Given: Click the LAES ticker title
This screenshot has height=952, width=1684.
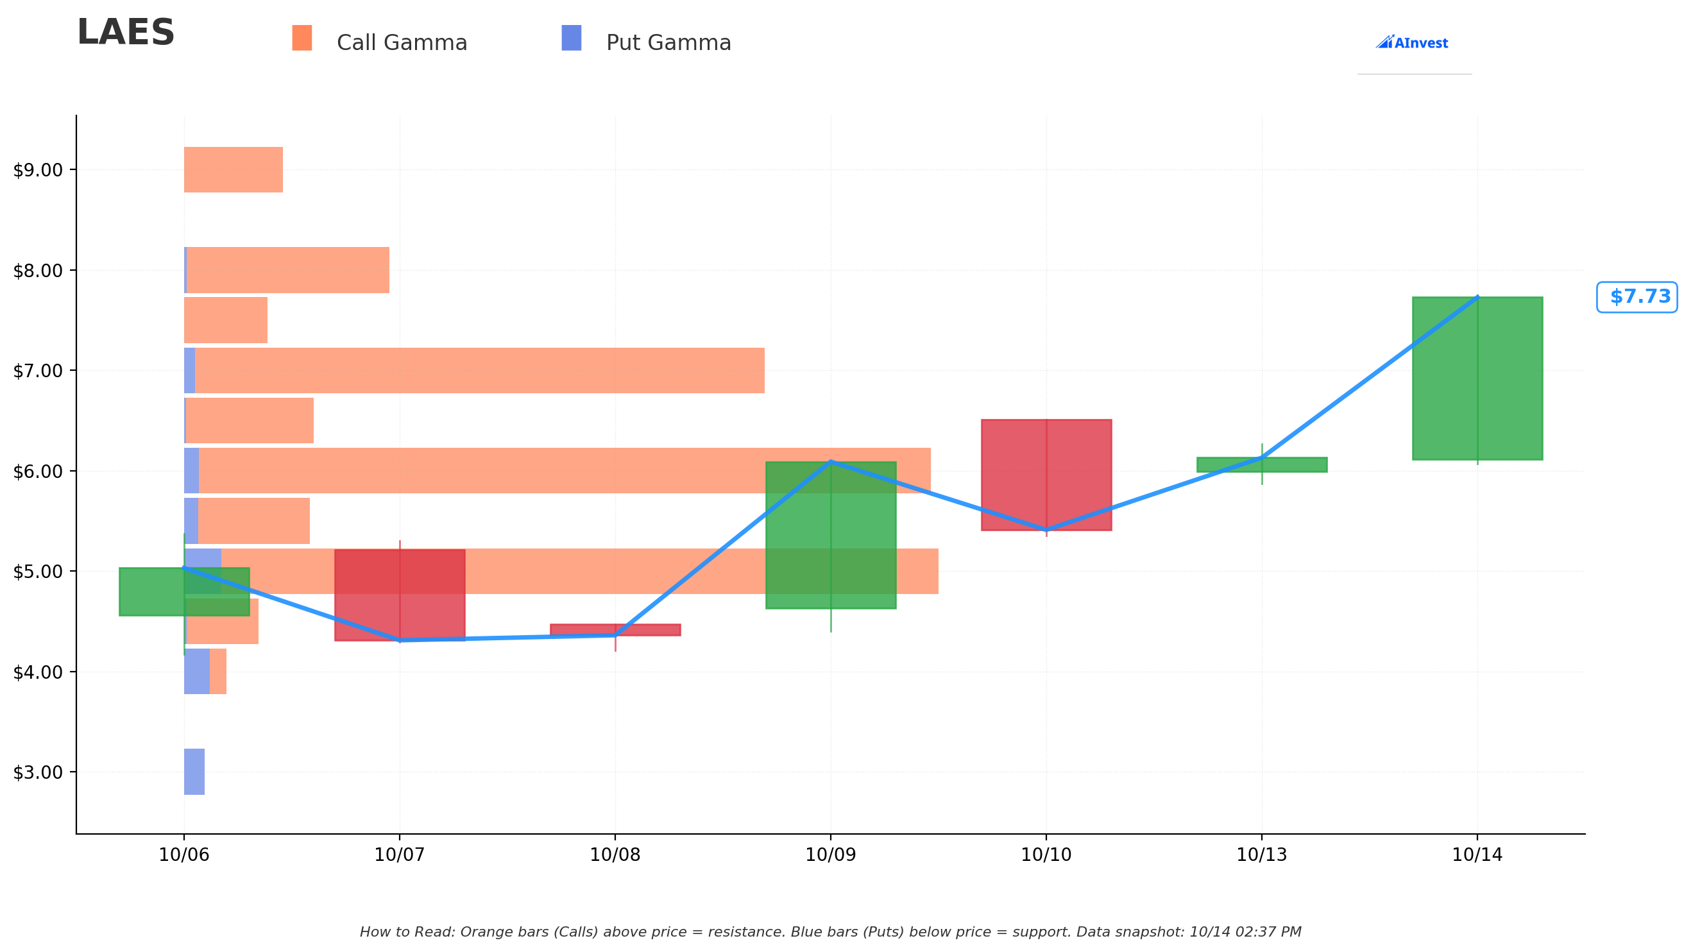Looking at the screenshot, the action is [x=126, y=33].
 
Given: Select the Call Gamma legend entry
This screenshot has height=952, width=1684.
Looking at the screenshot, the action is [x=379, y=41].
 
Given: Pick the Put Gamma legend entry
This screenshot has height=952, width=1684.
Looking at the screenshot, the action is [x=646, y=41].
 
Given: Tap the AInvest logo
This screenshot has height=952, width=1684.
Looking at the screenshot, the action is [x=1411, y=42].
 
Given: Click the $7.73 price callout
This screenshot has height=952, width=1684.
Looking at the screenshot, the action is [x=1637, y=297].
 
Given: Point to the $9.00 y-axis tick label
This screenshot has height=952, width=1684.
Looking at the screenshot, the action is [x=38, y=170].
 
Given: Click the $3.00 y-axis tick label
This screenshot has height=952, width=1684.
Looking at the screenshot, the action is [x=38, y=772].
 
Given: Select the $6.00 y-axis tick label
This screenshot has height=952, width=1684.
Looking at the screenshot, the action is [x=38, y=472].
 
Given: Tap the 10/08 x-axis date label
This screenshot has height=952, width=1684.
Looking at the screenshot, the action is [x=615, y=854].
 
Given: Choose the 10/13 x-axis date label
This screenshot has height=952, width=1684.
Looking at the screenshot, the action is [x=1262, y=854].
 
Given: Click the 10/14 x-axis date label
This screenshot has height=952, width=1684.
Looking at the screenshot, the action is [x=1477, y=854].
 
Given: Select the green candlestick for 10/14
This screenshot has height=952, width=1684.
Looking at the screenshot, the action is [x=1477, y=378].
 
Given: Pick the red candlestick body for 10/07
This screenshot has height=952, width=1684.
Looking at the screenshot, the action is [x=400, y=595].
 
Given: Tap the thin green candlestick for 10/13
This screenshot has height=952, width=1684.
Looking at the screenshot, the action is [x=1262, y=464].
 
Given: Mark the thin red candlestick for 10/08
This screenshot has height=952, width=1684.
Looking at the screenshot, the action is [x=615, y=630].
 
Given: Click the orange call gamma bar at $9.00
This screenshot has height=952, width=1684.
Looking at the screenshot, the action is [x=234, y=170].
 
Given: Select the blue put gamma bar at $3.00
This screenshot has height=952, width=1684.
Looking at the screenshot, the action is [x=194, y=772].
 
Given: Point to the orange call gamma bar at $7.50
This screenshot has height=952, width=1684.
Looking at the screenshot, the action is [x=226, y=320].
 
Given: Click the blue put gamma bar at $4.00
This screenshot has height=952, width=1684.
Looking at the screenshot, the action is [x=197, y=672].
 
